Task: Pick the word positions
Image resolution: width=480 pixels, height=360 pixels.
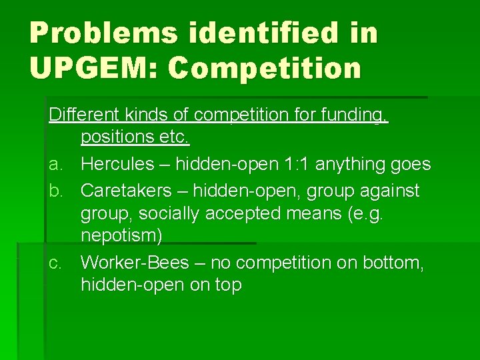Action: click(117, 138)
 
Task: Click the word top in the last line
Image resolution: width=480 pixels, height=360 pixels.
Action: click(229, 286)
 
